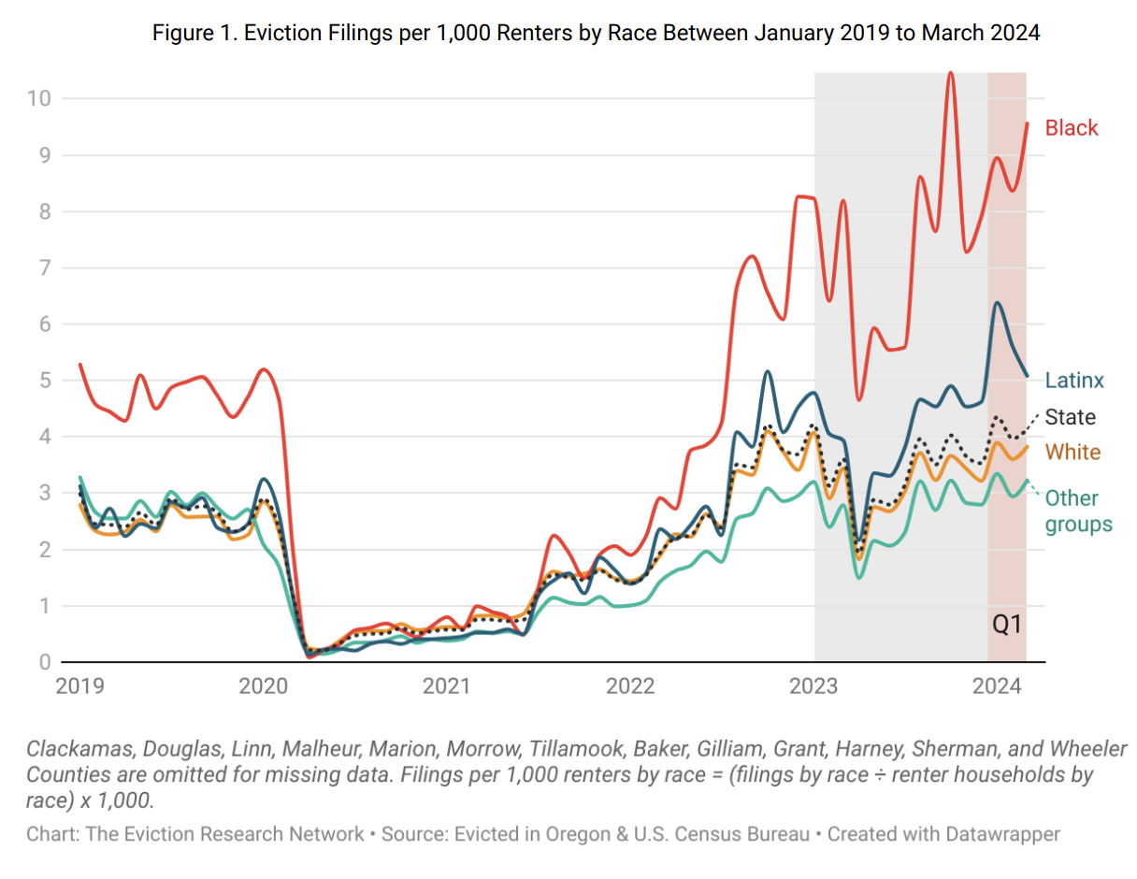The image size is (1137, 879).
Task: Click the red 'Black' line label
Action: coord(1072,128)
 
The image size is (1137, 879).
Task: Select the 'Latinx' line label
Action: coord(1074,380)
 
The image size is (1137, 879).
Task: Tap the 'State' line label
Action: coord(1070,417)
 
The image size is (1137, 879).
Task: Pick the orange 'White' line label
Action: coord(1072,452)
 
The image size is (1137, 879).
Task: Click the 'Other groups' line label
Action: coord(1078,511)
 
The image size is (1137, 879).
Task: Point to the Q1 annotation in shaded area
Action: coord(1006,626)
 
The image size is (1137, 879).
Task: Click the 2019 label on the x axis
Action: coord(79,687)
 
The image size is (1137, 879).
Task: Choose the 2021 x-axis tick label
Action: coord(447,687)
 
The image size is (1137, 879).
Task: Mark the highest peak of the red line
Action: coord(950,73)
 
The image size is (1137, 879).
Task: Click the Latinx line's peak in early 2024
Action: coord(998,303)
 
